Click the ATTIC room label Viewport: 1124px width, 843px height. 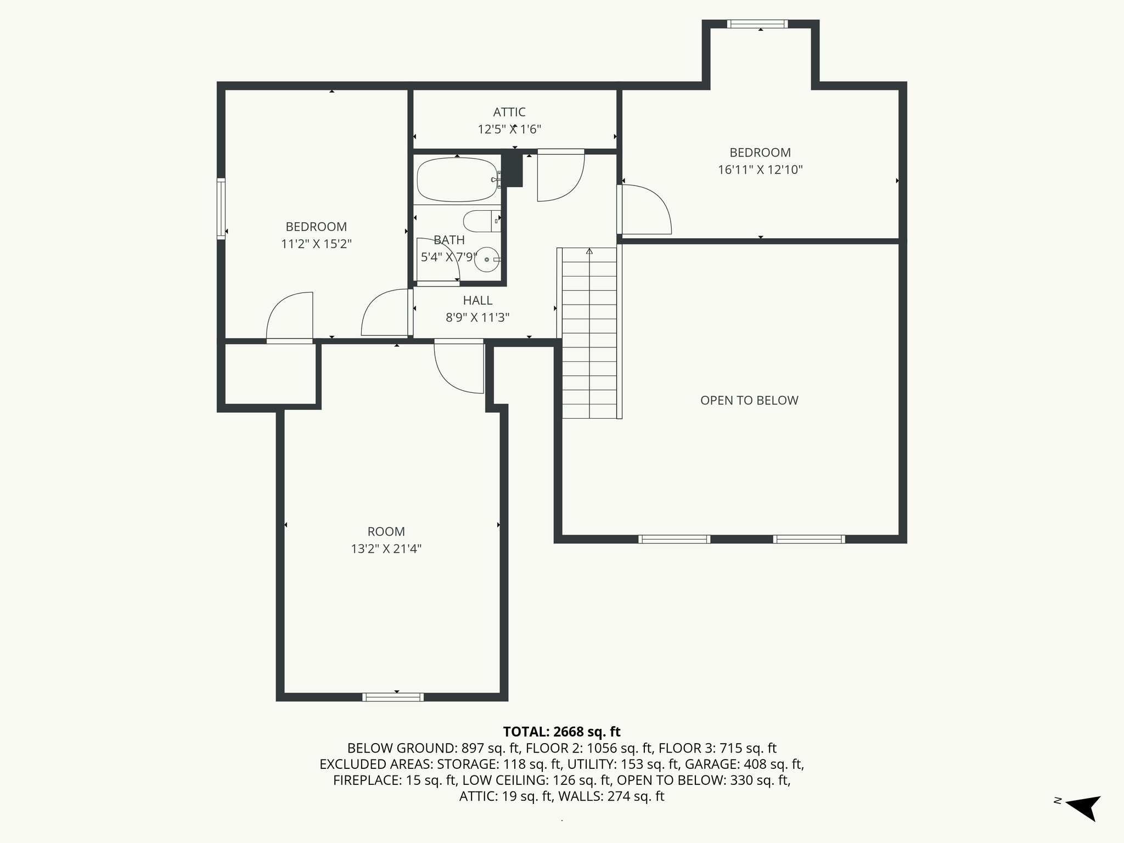(x=509, y=112)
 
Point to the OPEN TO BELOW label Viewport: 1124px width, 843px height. (x=749, y=401)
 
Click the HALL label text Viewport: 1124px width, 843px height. (x=477, y=301)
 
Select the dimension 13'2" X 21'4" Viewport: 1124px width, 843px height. (x=386, y=549)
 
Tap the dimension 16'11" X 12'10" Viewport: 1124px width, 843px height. (x=760, y=170)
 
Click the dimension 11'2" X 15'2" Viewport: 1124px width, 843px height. (x=316, y=244)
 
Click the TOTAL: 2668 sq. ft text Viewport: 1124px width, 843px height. (x=561, y=732)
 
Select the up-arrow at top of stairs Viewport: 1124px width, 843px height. (x=589, y=252)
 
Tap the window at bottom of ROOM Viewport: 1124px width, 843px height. (x=393, y=697)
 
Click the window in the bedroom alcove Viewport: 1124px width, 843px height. (x=757, y=24)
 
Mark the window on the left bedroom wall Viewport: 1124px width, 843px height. (x=221, y=209)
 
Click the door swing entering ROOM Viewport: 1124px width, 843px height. (x=459, y=367)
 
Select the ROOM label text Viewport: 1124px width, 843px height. (x=386, y=532)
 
